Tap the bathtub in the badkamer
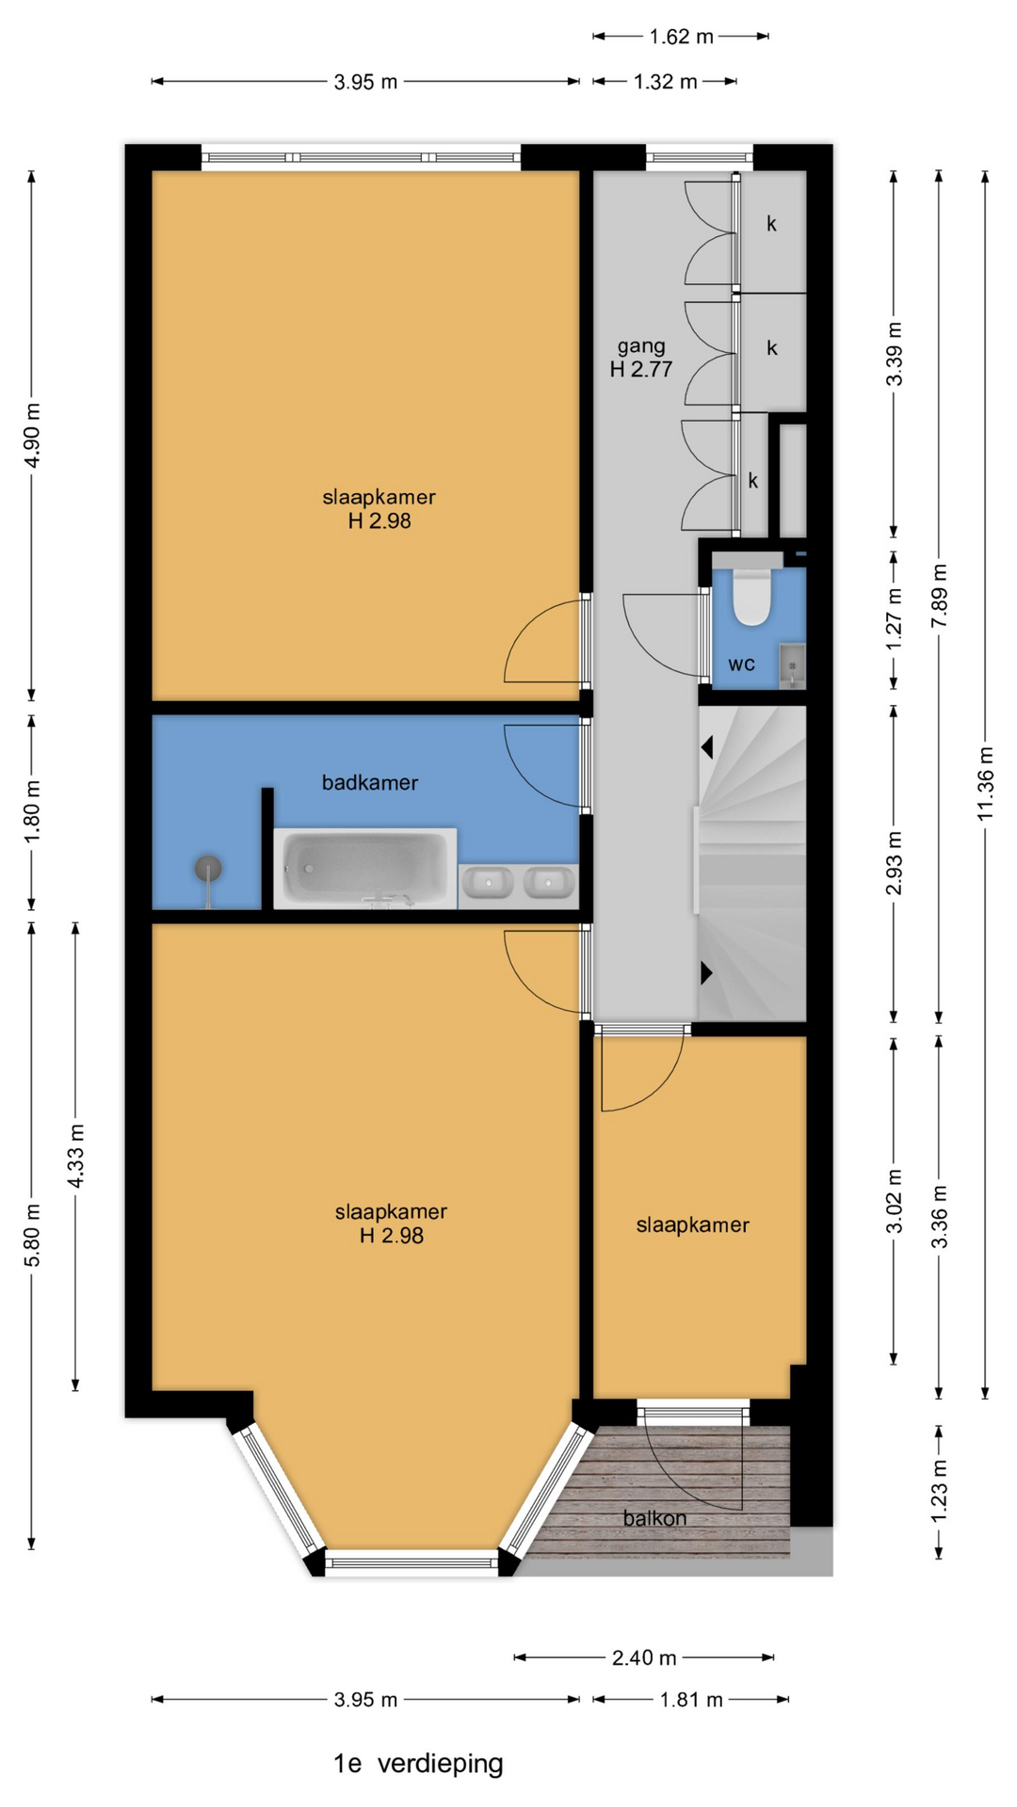coord(365,869)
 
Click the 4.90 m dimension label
coord(32,435)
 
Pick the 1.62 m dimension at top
coord(681,37)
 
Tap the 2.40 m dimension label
coord(644,1657)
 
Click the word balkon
coord(654,1518)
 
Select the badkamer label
coord(370,782)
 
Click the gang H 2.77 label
coord(641,358)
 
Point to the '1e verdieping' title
coord(418,1764)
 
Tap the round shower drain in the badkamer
coord(208,868)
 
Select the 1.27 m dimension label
coord(895,618)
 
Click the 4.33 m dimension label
coord(76,1155)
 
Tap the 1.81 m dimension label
coord(691,1700)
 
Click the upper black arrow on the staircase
coord(706,747)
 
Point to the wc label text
coord(742,664)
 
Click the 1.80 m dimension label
coord(32,811)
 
